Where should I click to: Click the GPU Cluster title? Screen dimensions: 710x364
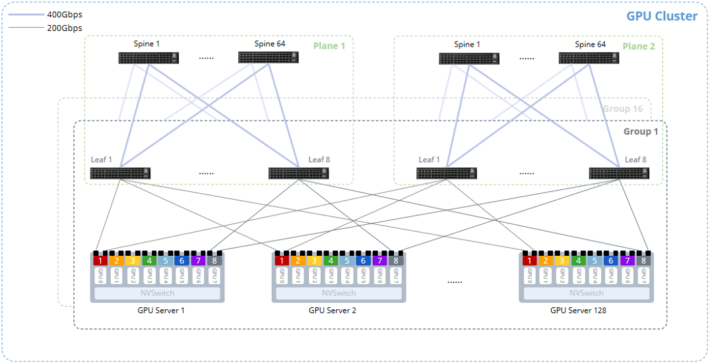(662, 16)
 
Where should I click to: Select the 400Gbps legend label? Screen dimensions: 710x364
(65, 15)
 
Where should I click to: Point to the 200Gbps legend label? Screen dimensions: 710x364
(65, 28)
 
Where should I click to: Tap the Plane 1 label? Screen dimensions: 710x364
(329, 45)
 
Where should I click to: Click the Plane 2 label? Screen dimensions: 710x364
(639, 46)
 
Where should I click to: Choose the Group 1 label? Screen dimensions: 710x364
(641, 132)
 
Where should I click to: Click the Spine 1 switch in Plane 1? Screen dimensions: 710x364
(148, 58)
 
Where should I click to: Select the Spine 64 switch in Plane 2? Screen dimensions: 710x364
(589, 59)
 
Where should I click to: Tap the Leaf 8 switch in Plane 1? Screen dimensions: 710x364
(298, 173)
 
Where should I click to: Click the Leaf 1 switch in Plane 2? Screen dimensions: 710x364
(447, 173)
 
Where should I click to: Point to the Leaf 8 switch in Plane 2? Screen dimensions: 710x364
(619, 173)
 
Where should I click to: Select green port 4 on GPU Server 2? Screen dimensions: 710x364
(331, 260)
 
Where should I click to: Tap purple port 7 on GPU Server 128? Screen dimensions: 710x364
(627, 260)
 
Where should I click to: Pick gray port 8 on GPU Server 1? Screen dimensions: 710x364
(214, 260)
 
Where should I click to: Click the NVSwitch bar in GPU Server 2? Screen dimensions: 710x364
(339, 293)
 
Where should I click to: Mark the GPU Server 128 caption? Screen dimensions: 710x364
(578, 311)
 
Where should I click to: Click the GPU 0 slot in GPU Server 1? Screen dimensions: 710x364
(100, 276)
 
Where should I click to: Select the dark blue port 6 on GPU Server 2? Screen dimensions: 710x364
(363, 260)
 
